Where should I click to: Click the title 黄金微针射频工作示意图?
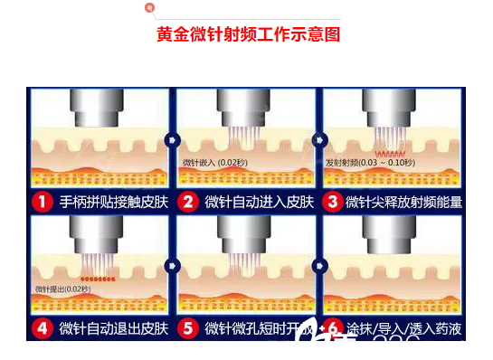[247, 34]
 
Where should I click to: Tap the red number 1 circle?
[42, 201]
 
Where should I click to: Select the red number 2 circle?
[188, 201]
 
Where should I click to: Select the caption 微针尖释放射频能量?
[403, 201]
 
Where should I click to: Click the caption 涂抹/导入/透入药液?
[403, 327]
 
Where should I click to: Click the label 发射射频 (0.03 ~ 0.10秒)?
[368, 163]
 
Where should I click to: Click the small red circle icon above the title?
[149, 7]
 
